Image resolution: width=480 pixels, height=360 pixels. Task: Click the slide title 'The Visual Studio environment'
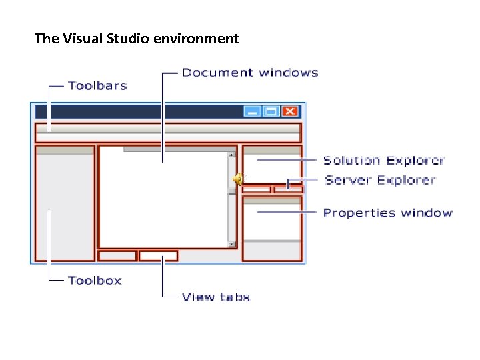point(136,39)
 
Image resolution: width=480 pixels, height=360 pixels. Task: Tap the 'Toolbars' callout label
point(97,86)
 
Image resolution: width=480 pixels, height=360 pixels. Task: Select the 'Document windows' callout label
point(250,73)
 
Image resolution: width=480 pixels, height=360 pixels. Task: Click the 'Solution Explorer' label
point(384,160)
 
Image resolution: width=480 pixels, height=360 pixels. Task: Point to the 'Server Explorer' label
point(380,180)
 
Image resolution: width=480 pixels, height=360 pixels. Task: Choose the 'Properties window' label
point(387,213)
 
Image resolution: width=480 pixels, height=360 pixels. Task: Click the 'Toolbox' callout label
point(95,281)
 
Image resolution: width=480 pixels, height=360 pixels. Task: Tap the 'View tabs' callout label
point(216,297)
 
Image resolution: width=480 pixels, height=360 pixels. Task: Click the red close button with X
point(289,112)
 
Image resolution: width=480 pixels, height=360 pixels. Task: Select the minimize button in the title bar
point(252,112)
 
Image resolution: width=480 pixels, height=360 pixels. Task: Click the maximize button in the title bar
point(271,112)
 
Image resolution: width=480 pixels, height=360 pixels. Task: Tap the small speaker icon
point(238,178)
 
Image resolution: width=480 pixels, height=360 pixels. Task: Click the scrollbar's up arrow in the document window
point(232,155)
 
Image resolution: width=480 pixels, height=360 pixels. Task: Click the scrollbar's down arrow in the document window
point(232,245)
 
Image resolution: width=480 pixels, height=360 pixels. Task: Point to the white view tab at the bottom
point(159,255)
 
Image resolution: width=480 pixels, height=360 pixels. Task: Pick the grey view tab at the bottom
point(118,255)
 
